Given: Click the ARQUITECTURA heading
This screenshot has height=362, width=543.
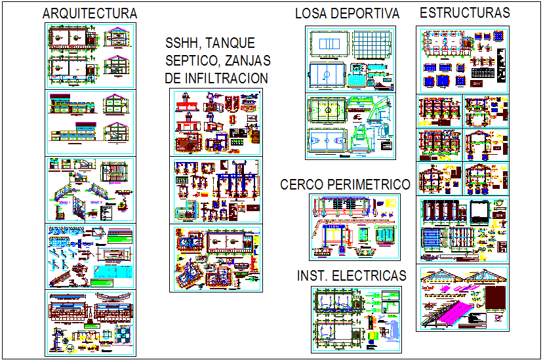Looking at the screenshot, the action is (x=89, y=13).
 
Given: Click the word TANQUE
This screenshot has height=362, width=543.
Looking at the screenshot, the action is (x=230, y=44).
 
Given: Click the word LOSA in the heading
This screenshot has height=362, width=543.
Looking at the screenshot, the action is (x=310, y=13).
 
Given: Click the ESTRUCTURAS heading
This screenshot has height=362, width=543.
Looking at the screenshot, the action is (x=464, y=12).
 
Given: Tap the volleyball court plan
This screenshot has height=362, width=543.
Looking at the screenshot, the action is (x=328, y=45).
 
